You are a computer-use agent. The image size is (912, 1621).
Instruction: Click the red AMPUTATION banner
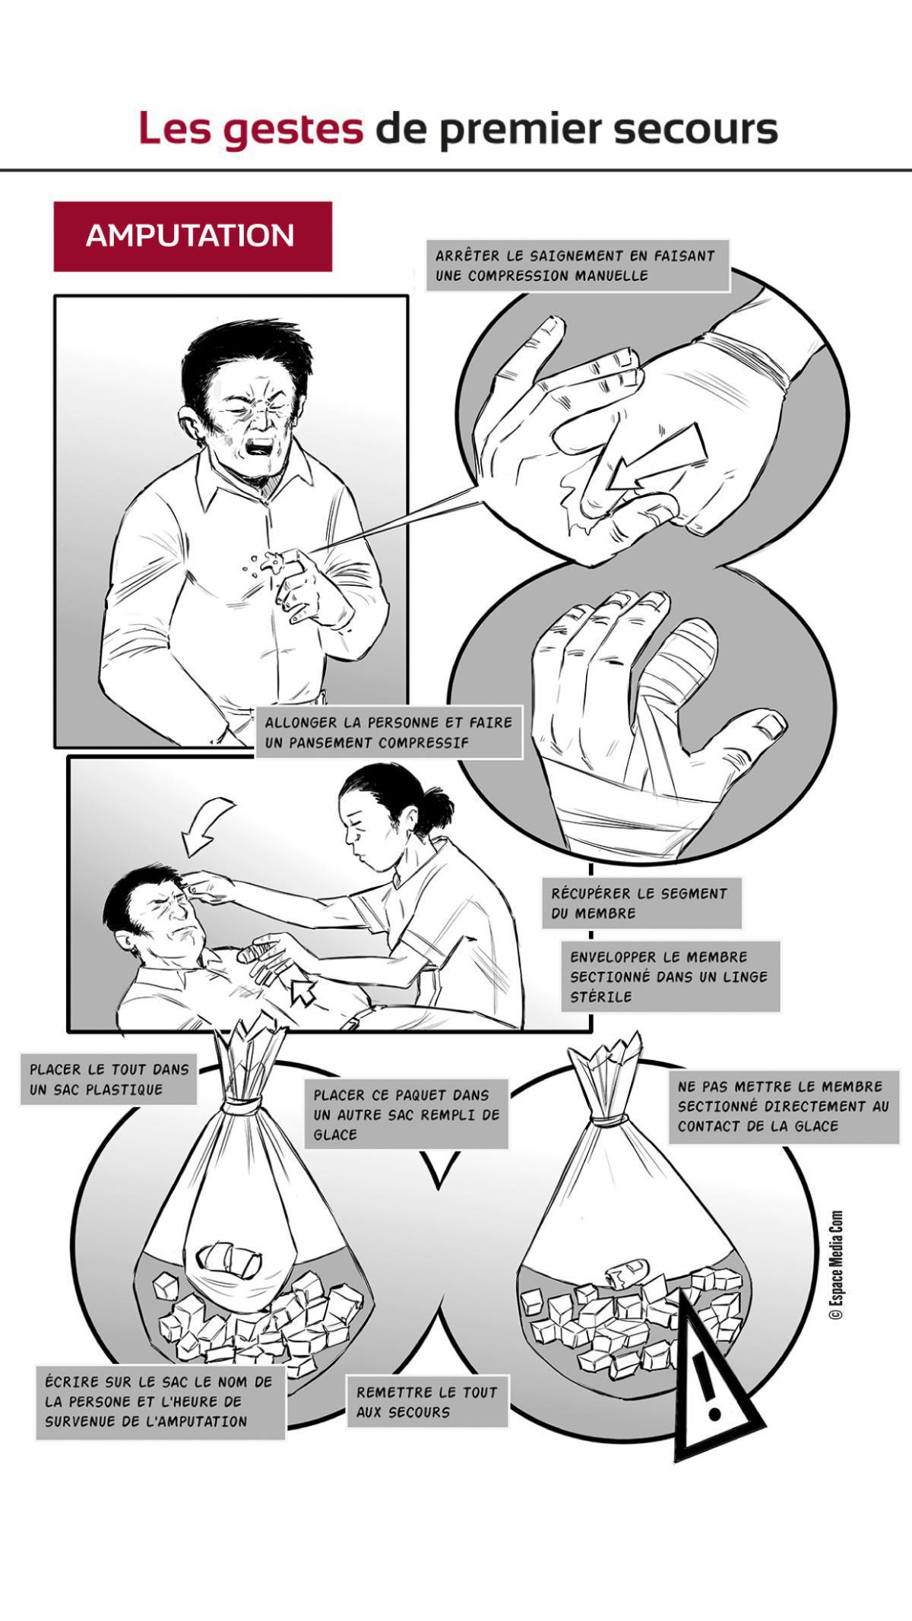click(192, 236)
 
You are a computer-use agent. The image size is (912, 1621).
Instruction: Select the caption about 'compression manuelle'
click(578, 266)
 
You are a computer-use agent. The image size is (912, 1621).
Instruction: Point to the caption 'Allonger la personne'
click(388, 732)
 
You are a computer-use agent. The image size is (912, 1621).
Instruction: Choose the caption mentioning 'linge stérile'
click(670, 977)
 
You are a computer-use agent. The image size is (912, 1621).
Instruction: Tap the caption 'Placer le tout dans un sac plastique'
click(109, 1079)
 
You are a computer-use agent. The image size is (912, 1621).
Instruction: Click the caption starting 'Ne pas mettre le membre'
click(783, 1107)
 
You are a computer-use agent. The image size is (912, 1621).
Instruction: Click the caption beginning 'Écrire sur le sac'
click(160, 1401)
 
